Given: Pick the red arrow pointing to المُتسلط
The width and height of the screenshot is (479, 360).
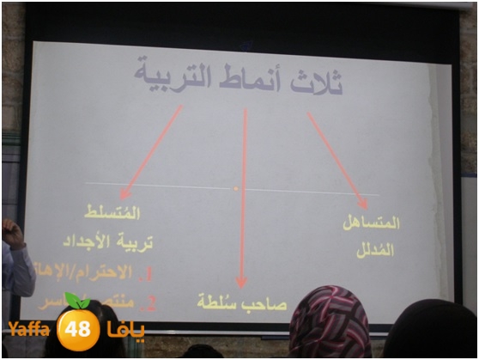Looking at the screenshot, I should (x=152, y=151).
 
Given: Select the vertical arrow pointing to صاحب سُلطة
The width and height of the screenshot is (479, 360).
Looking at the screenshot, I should (x=243, y=198).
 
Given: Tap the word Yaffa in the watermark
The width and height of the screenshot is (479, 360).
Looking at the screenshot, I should (x=31, y=329).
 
